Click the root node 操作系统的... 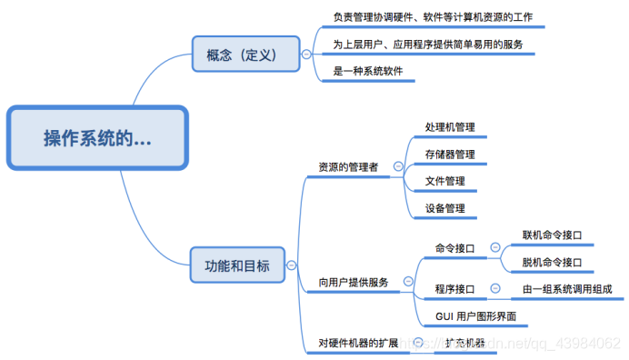point(97,138)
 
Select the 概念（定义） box point(245,54)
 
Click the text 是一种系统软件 point(368,70)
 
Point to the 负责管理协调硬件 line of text point(432,17)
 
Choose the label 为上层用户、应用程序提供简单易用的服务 point(427,44)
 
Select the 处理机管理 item point(450,127)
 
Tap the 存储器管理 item point(450,155)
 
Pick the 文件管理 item point(445,181)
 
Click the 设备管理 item point(445,208)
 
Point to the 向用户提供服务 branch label point(354,283)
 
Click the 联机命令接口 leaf point(552,235)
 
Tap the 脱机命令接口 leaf point(552,263)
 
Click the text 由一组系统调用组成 point(567,289)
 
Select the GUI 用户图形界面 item point(475,316)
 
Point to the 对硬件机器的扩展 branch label point(358,343)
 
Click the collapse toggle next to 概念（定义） point(305,54)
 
